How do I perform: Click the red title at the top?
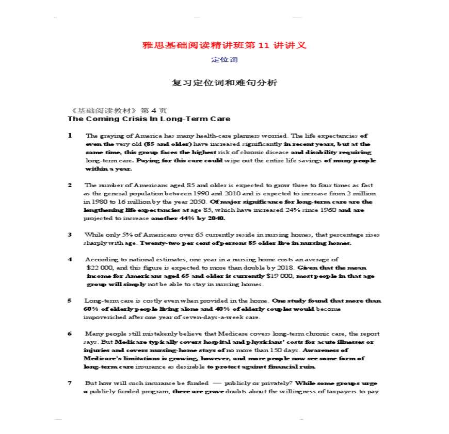[224, 45]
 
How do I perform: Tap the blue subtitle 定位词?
[224, 60]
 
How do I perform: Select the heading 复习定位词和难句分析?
[224, 82]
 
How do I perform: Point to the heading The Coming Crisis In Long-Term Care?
[149, 119]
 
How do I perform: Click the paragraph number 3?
[70, 235]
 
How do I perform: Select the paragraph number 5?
[70, 301]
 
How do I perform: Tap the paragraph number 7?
[70, 383]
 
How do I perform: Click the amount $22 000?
[100, 268]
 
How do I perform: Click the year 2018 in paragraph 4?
[286, 268]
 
